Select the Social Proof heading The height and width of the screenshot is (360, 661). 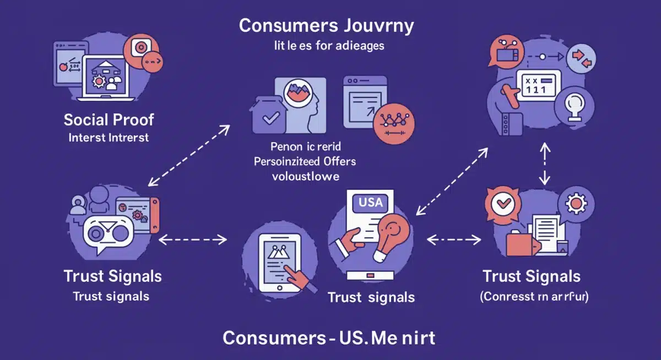click(109, 119)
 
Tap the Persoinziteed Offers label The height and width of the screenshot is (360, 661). click(305, 161)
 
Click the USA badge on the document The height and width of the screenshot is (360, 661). click(370, 202)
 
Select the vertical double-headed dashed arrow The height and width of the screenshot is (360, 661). click(544, 163)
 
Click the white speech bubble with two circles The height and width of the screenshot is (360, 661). click(109, 234)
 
